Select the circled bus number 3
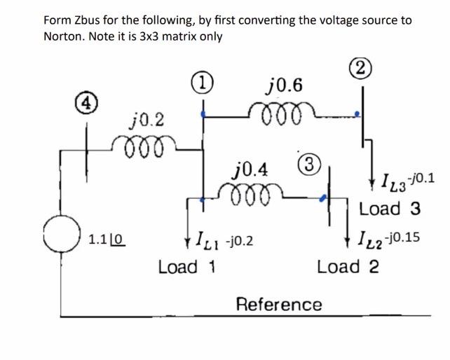tap(304, 160)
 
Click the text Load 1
tap(186, 267)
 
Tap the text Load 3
tap(389, 209)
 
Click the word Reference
tap(279, 305)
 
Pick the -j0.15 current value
tap(402, 237)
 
